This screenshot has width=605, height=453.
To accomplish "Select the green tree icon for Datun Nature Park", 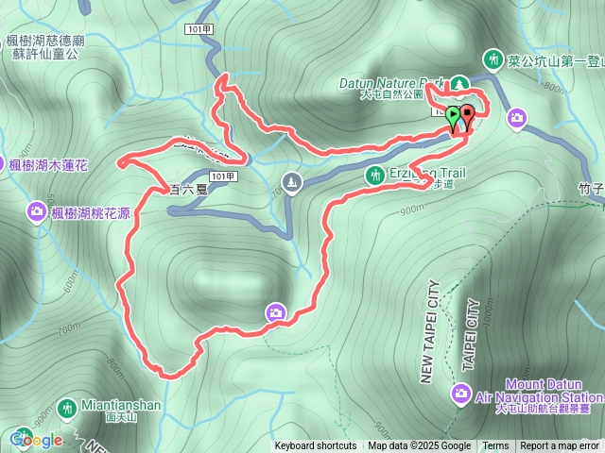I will pos(459,84).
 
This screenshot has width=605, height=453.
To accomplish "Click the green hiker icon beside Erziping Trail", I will pos(374,175).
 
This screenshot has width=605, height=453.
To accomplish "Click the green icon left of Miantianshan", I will pos(66,409).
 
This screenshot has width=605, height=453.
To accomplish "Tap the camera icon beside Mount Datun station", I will pos(460,392).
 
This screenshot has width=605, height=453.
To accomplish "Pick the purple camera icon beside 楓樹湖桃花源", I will pos(38,210).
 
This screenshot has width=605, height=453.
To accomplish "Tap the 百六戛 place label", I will pos(187,189).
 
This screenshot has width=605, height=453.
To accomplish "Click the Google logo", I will pos(36,440).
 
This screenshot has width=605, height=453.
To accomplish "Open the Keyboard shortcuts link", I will pos(316,446).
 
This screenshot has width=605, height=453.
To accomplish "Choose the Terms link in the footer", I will pos(495,446).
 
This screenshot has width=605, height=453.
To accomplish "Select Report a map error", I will pos(560,446).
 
